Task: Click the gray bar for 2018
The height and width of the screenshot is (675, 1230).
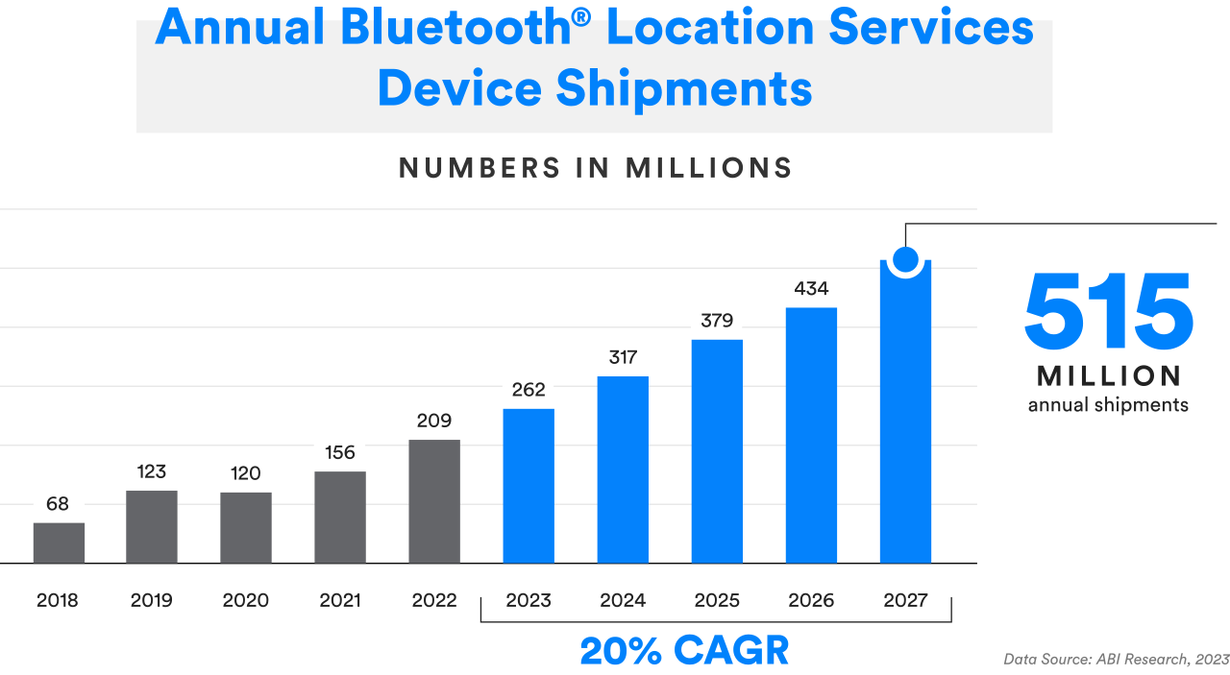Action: (x=59, y=542)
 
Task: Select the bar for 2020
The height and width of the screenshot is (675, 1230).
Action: (x=246, y=527)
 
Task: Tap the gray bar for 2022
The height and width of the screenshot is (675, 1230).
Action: (x=434, y=501)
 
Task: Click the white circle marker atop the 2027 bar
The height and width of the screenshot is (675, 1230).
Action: (x=905, y=259)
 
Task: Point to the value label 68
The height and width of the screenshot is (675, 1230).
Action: (x=59, y=502)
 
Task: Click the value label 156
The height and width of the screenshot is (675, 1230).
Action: (x=340, y=452)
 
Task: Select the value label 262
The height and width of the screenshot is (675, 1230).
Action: (x=529, y=389)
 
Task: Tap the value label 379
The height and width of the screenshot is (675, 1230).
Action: (x=717, y=321)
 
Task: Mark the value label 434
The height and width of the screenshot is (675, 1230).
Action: (x=811, y=288)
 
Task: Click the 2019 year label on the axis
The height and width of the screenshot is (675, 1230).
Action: (x=152, y=601)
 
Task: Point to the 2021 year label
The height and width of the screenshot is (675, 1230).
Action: (x=340, y=601)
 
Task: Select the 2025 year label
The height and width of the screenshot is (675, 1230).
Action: (x=717, y=601)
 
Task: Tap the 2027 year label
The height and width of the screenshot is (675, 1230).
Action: (x=905, y=601)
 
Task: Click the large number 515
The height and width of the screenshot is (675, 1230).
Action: (x=1108, y=312)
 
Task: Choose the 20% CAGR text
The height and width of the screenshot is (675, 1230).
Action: (x=684, y=651)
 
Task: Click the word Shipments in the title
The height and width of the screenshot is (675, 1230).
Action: (x=683, y=89)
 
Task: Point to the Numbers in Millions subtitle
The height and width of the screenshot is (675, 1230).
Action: (x=596, y=168)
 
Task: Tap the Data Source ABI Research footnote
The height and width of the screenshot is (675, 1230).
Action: (x=1116, y=659)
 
